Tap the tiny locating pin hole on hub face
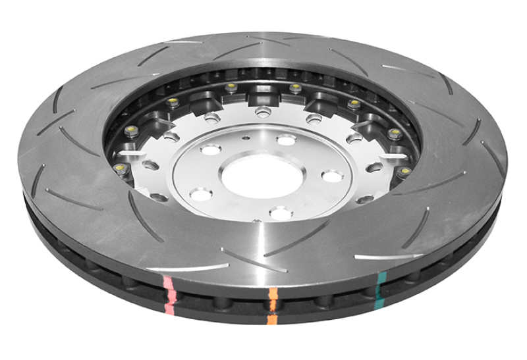tap(244, 140)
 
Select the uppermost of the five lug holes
tap(286, 140)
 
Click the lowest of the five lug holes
tap(280, 213)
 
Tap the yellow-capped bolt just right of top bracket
tap(295, 87)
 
